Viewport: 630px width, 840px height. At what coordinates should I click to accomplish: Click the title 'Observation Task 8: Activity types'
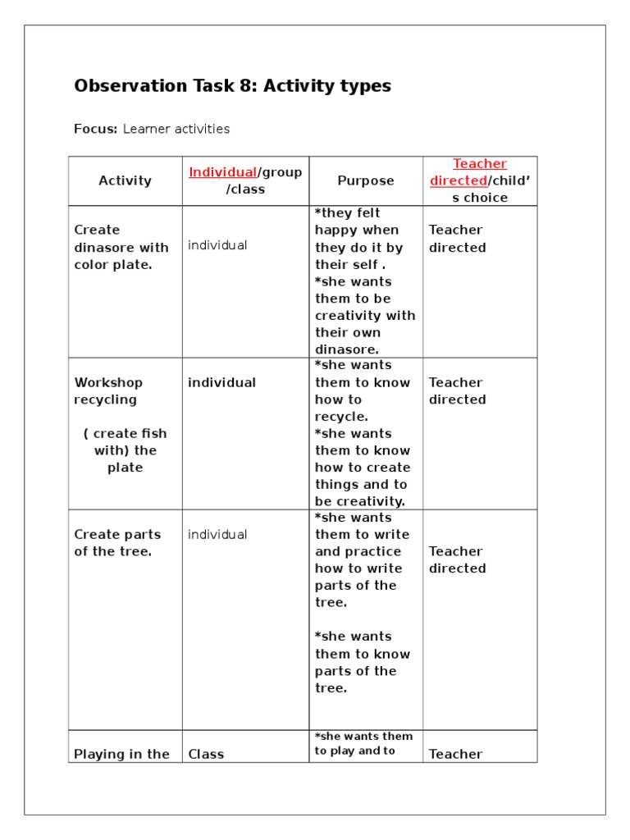click(x=232, y=86)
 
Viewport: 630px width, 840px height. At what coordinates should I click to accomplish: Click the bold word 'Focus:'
click(x=96, y=129)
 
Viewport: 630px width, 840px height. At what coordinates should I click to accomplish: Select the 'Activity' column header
click(x=125, y=180)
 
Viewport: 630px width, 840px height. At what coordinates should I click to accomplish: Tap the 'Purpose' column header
click(x=365, y=180)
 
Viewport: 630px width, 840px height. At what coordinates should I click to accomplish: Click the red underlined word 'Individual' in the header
click(x=222, y=172)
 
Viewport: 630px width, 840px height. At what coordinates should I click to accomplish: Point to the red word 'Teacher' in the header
click(x=480, y=164)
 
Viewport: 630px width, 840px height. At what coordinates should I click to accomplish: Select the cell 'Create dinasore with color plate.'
click(x=121, y=247)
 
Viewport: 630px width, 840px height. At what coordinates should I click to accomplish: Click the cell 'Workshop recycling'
click(x=107, y=391)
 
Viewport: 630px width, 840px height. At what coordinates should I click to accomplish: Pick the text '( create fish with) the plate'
click(x=125, y=450)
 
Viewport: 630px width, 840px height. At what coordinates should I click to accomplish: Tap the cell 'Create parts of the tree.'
click(x=114, y=543)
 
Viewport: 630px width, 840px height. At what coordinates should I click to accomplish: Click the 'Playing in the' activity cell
click(x=121, y=755)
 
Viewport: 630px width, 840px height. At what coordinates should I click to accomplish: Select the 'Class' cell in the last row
click(x=206, y=755)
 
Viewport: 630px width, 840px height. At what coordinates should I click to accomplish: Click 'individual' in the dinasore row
click(x=217, y=245)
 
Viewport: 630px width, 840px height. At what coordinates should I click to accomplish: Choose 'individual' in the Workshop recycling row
click(x=221, y=382)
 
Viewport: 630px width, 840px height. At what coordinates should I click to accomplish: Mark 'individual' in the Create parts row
click(x=217, y=535)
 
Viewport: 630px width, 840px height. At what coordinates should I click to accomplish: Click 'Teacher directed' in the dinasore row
click(x=457, y=239)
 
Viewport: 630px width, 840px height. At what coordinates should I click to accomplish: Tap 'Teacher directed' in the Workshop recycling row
click(x=457, y=391)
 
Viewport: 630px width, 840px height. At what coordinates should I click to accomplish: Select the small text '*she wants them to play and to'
click(x=363, y=743)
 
